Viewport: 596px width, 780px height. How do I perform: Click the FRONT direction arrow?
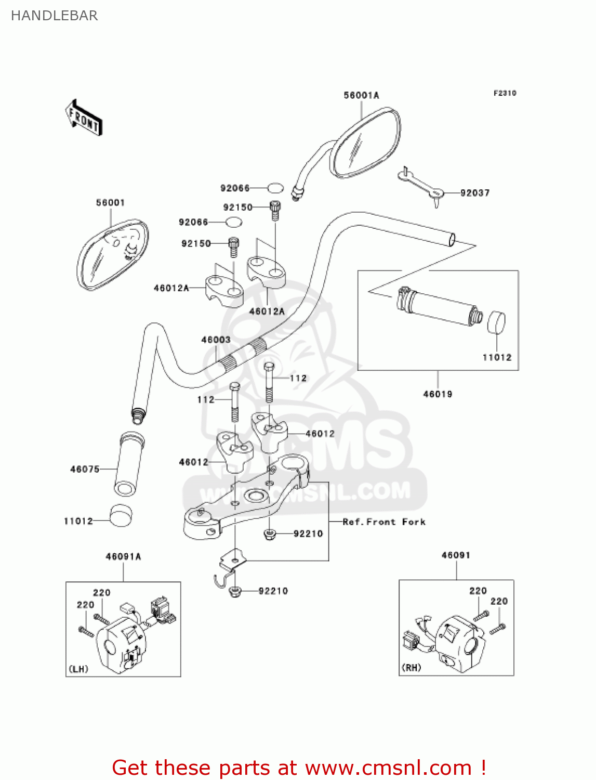coord(84,118)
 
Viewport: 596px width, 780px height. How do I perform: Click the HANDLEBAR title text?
coord(55,16)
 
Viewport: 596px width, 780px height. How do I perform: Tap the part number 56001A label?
coord(361,95)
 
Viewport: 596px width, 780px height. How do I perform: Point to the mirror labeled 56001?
coord(112,254)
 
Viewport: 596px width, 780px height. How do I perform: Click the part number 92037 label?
coord(475,193)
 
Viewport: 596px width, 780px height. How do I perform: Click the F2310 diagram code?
coord(505,93)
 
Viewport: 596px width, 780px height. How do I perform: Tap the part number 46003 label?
coord(216,340)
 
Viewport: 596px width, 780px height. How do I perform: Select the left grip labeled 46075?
coord(129,464)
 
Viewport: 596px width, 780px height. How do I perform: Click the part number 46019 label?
coord(438,394)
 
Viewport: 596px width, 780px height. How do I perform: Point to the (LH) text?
coord(78,669)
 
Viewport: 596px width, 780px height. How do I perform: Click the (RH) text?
coord(412,668)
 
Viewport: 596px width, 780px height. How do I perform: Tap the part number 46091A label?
coord(123,556)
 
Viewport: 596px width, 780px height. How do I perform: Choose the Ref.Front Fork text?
coord(384,522)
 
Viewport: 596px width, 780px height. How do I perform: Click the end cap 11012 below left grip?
coord(121,515)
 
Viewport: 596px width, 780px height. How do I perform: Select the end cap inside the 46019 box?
coord(496,322)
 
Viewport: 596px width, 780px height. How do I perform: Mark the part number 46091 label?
coord(456,555)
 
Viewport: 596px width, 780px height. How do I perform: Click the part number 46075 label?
coord(85,470)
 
